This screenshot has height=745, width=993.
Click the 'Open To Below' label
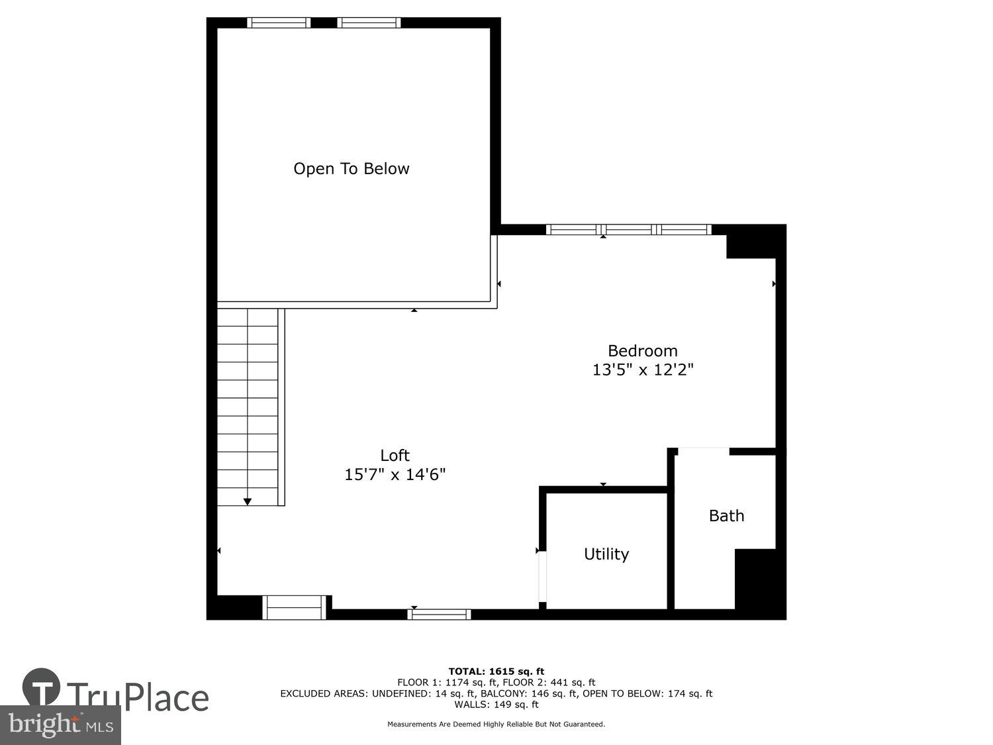click(351, 169)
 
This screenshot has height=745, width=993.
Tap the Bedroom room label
click(642, 351)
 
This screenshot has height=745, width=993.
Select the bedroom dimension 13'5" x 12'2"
click(642, 370)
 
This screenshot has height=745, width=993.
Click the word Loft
click(395, 456)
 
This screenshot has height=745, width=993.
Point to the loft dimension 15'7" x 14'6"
click(395, 475)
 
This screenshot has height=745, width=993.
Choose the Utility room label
click(606, 554)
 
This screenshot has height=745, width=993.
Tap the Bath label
click(726, 516)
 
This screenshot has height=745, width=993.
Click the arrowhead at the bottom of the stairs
click(248, 501)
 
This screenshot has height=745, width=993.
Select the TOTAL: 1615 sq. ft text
click(496, 671)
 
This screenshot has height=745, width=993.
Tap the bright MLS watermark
click(61, 724)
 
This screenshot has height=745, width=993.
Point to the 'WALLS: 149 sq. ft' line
click(496, 705)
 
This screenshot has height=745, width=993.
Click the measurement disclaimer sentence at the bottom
click(496, 724)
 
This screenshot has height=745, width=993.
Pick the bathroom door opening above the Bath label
click(703, 451)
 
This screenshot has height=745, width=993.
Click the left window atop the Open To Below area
click(279, 23)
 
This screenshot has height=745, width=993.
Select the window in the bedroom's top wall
click(628, 230)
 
